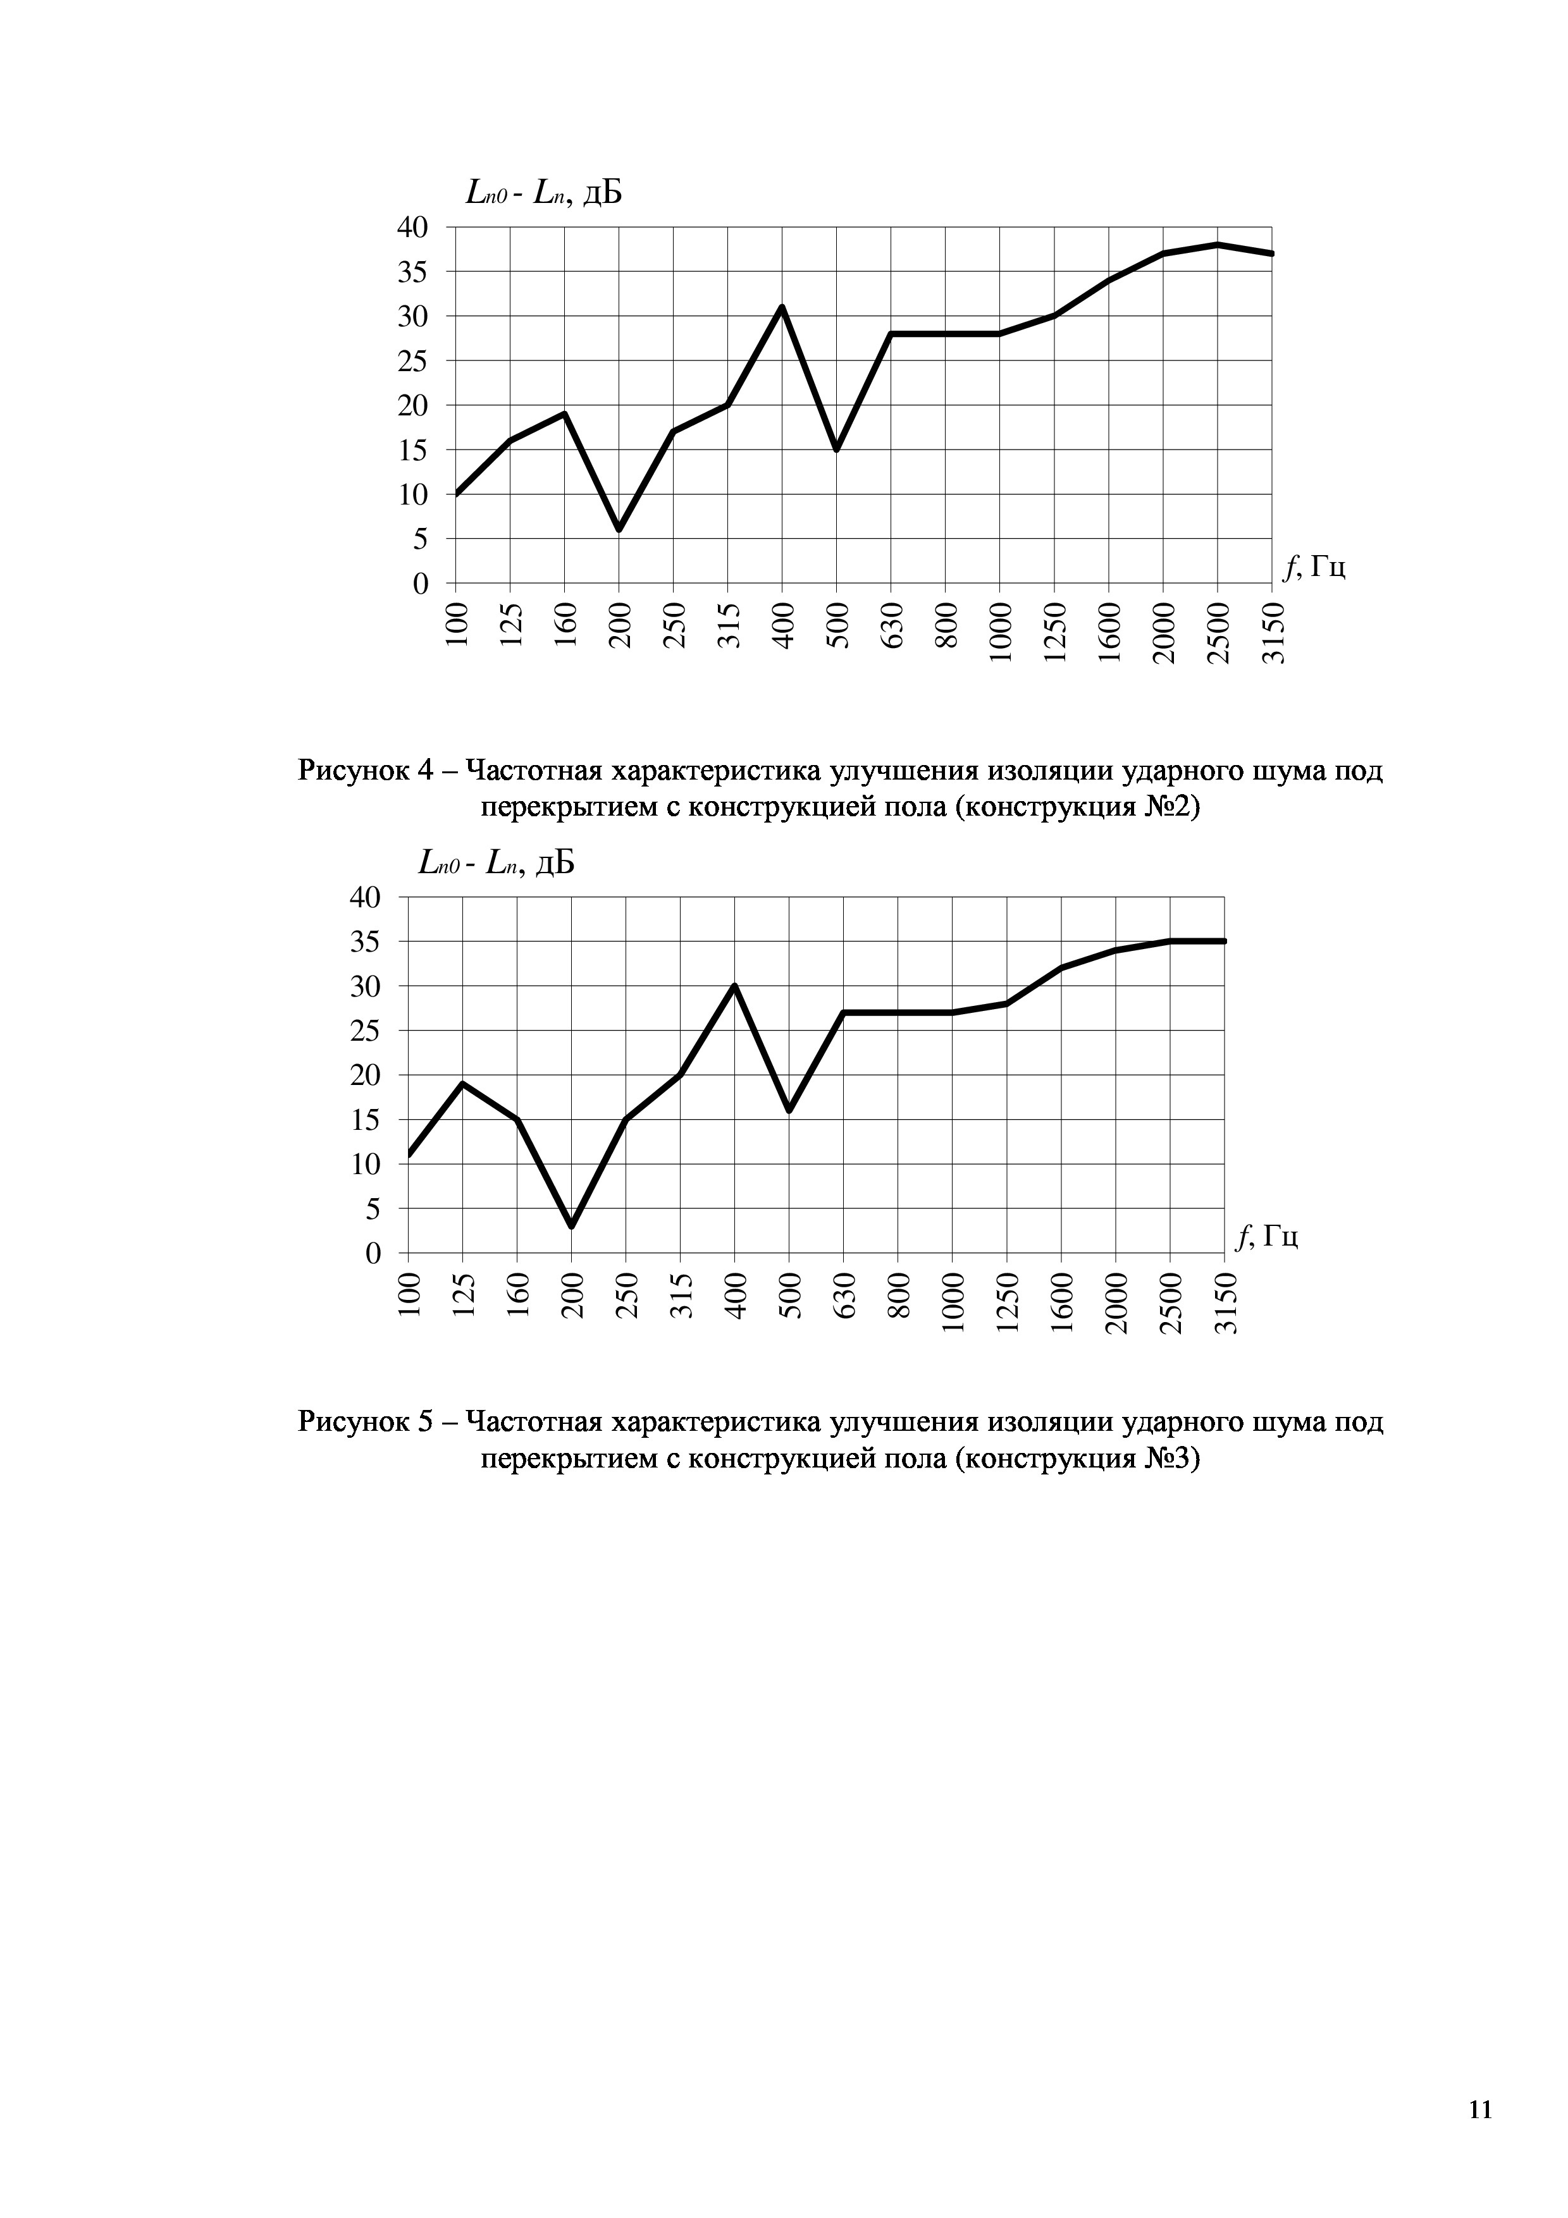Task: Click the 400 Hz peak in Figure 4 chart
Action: tap(782, 307)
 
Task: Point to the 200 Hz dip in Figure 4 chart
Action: tap(619, 529)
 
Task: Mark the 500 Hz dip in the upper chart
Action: tap(837, 449)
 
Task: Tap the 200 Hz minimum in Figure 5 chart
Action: tap(571, 1226)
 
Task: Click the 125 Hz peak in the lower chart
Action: tap(463, 1084)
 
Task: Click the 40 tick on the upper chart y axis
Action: tap(412, 228)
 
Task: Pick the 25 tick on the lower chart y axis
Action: tap(365, 1031)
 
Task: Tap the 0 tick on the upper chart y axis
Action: tap(420, 584)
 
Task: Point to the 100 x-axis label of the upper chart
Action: tap(457, 624)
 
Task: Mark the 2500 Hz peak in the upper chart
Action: tap(1218, 245)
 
